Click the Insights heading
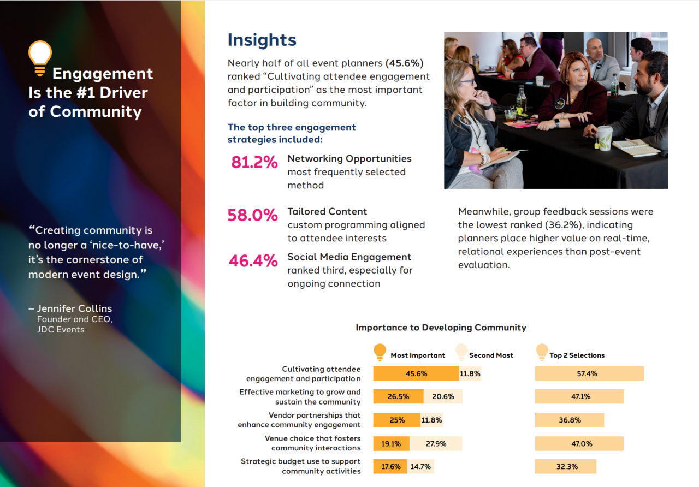click(x=262, y=40)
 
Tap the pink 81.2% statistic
click(x=254, y=162)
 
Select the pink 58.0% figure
click(x=252, y=215)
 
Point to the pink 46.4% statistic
click(x=253, y=261)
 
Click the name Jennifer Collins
click(x=74, y=308)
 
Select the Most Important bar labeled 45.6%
click(x=416, y=373)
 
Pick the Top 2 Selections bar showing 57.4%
click(x=589, y=373)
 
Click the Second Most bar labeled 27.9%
click(x=435, y=444)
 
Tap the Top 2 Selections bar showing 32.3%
click(x=566, y=467)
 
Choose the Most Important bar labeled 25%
click(x=397, y=420)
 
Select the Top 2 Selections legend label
click(x=577, y=355)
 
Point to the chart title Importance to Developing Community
click(x=441, y=328)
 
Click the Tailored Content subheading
click(x=327, y=211)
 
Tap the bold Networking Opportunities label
click(x=349, y=158)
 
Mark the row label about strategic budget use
click(x=301, y=466)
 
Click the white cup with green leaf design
click(x=605, y=138)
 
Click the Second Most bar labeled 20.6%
click(x=443, y=396)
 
